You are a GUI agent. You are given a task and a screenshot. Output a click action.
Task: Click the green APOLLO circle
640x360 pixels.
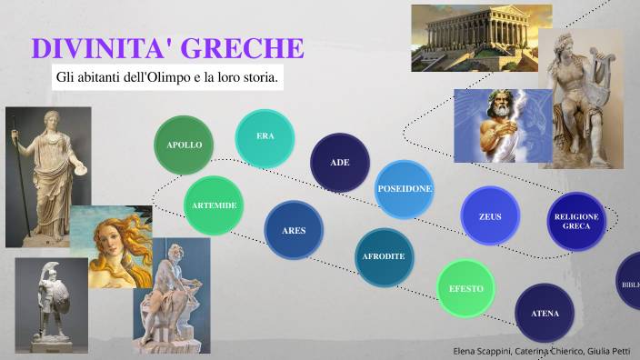(185, 145)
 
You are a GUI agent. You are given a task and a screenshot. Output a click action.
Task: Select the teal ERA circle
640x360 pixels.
(265, 137)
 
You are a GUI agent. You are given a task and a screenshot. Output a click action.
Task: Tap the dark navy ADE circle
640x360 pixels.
(340, 163)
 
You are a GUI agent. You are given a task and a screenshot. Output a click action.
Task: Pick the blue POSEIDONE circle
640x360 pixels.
(404, 189)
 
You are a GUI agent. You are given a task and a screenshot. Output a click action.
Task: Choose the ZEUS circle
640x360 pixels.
(489, 216)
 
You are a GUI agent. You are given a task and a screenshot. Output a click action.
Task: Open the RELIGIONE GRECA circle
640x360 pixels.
(576, 221)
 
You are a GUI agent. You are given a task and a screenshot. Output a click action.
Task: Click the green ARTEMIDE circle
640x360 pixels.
(214, 205)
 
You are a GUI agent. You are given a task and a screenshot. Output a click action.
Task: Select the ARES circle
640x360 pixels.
(294, 230)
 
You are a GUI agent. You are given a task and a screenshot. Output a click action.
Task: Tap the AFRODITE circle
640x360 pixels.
(384, 256)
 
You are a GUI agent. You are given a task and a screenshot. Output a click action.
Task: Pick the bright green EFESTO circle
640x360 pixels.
(465, 289)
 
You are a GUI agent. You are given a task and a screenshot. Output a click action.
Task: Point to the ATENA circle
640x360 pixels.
(545, 314)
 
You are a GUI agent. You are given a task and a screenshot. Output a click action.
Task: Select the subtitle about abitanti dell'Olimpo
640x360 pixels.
(166, 78)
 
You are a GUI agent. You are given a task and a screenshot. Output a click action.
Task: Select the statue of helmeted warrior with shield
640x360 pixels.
(51, 305)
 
